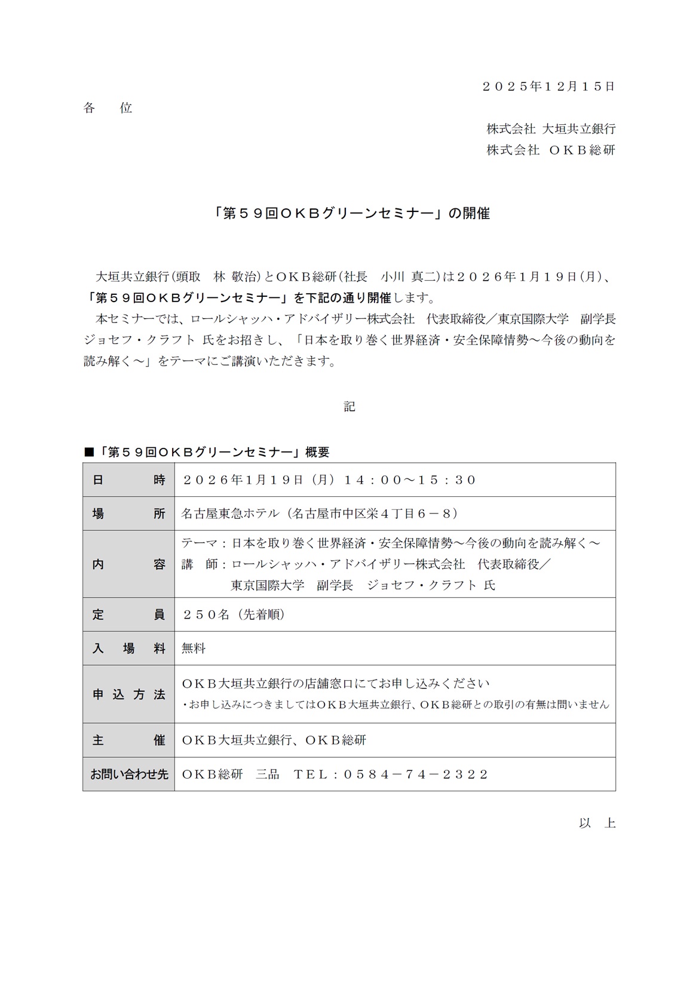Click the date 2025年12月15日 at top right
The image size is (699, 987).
coord(548,87)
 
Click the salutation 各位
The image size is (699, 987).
coord(108,108)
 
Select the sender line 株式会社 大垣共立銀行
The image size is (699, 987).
coord(550,129)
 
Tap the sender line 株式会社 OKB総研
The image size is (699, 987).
coord(550,150)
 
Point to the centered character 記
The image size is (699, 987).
coord(349,407)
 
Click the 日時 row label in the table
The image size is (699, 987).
coord(128,480)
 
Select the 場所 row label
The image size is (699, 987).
coord(128,514)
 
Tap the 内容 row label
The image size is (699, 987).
coord(128,564)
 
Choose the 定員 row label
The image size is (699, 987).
coord(128,614)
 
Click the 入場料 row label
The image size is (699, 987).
coord(128,648)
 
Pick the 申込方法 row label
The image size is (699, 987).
coord(128,694)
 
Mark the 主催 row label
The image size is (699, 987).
coord(128,740)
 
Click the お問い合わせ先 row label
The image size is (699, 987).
coord(128,774)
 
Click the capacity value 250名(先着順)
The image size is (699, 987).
coord(234,614)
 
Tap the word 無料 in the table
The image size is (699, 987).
coord(194,648)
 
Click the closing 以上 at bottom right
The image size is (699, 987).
coord(597,823)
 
